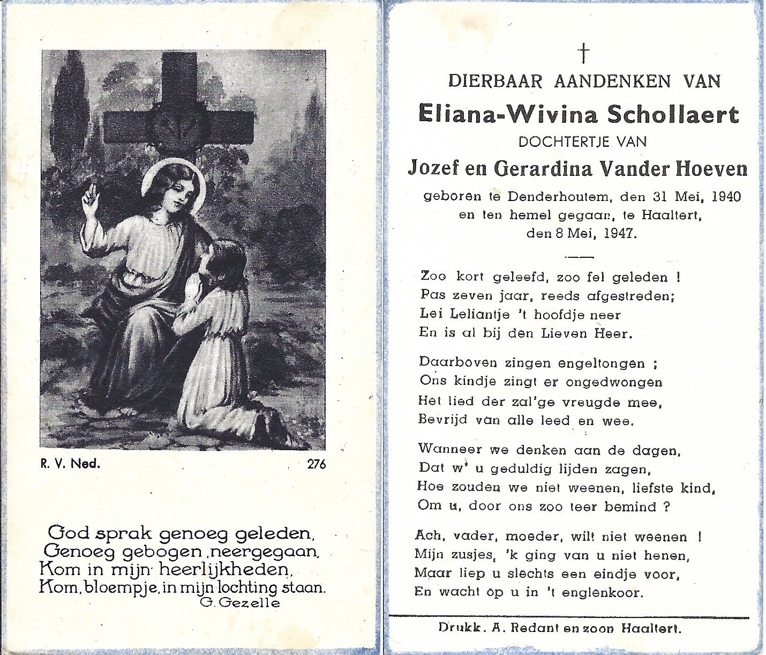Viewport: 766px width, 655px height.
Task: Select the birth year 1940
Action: click(726, 197)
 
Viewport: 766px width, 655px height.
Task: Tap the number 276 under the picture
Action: click(316, 464)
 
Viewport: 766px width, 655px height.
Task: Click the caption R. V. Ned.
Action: click(70, 464)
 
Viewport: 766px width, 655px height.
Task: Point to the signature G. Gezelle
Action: click(239, 602)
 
